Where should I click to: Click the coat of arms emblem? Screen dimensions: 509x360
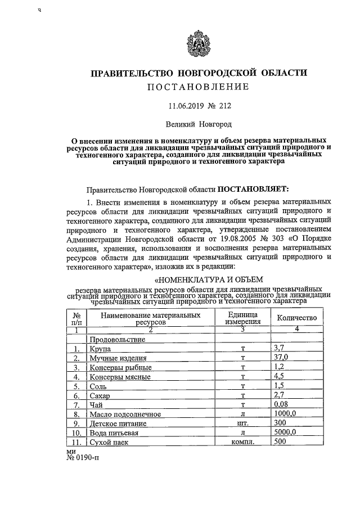(x=198, y=44)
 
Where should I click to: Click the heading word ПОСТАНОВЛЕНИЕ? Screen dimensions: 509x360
(x=198, y=87)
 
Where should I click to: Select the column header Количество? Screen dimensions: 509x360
(x=297, y=318)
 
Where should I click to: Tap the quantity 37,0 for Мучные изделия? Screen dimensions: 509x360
(x=280, y=358)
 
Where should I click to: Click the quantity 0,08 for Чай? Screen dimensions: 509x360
(x=280, y=404)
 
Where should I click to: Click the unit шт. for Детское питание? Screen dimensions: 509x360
(x=243, y=423)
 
